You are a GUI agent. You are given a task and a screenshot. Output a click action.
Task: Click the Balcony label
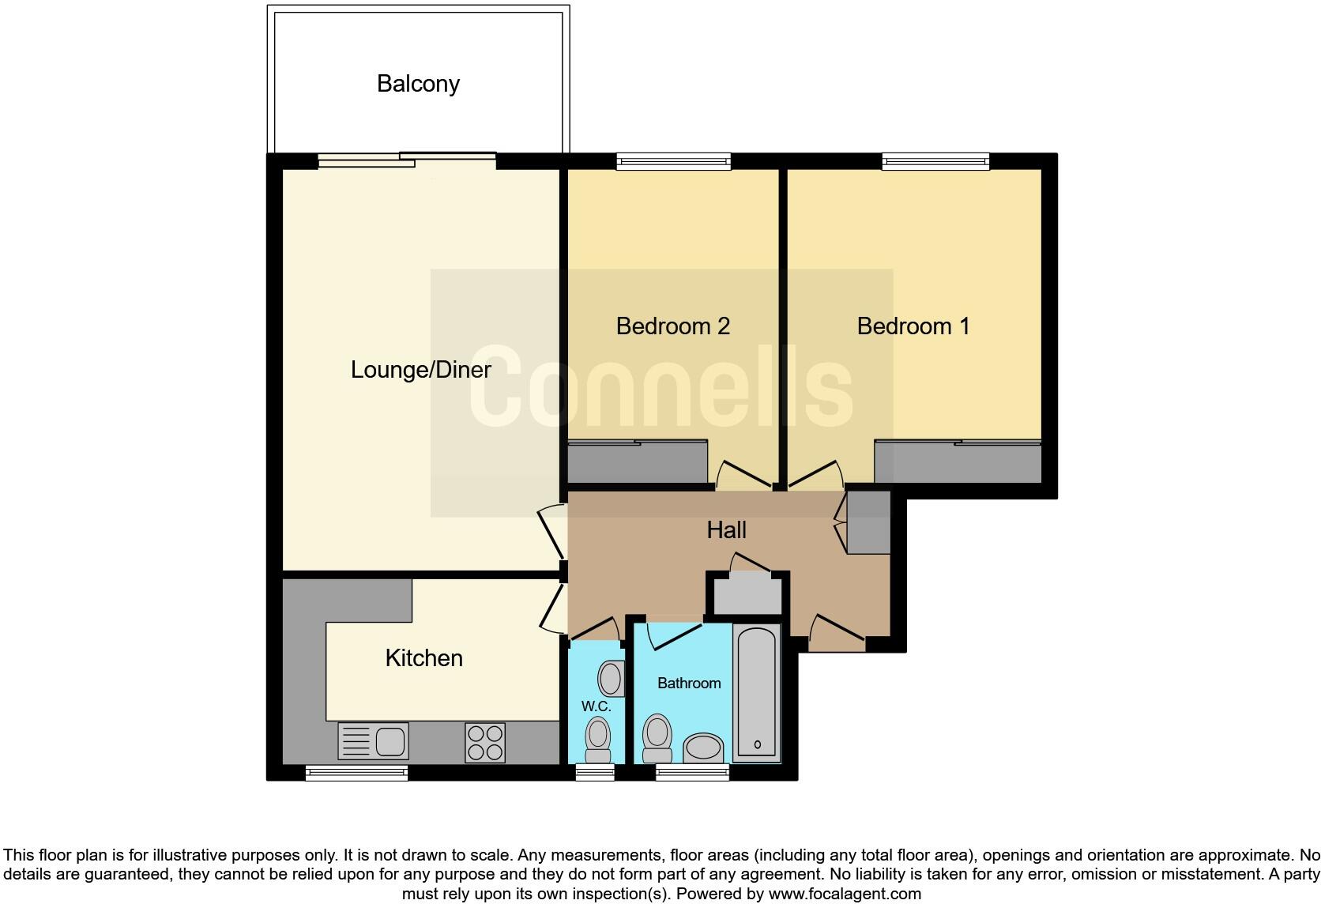[x=418, y=84]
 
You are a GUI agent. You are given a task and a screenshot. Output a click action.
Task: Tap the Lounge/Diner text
[x=420, y=369]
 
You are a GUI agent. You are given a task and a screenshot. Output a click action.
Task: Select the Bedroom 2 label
[x=672, y=326]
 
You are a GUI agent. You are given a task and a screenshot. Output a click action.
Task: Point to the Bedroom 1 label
[x=913, y=326]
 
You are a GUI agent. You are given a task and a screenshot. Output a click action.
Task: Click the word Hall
[x=726, y=529]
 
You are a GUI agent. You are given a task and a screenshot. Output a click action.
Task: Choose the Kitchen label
[x=423, y=657]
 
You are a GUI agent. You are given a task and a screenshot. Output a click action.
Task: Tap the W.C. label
[x=596, y=706]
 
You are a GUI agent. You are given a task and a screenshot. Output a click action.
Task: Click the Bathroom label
[x=689, y=683]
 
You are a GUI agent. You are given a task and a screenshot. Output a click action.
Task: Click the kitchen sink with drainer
[x=373, y=742]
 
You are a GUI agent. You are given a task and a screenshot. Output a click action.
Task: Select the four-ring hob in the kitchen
[x=485, y=742]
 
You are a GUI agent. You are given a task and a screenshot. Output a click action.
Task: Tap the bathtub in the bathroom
[x=757, y=694]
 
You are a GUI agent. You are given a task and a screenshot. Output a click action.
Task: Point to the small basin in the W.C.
[x=611, y=679]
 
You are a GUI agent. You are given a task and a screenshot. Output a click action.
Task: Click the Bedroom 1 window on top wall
[x=935, y=161]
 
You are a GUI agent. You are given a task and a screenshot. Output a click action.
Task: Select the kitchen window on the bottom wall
[x=356, y=772]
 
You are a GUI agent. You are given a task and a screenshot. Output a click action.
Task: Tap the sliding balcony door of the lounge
[x=407, y=160]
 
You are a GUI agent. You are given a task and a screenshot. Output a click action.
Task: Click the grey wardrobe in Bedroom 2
[x=637, y=463]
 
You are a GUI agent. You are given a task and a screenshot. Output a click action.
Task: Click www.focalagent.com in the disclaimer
[x=844, y=894]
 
